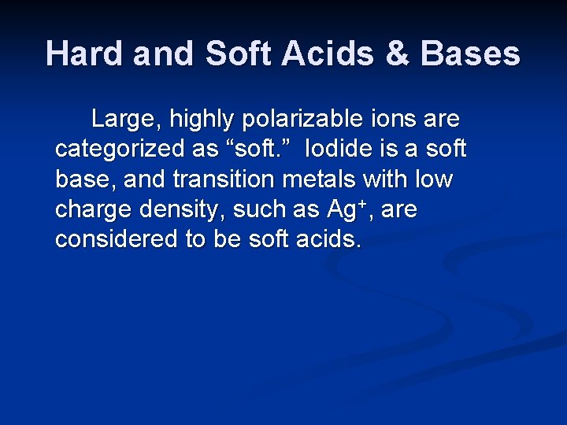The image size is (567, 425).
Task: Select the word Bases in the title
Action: click(470, 54)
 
